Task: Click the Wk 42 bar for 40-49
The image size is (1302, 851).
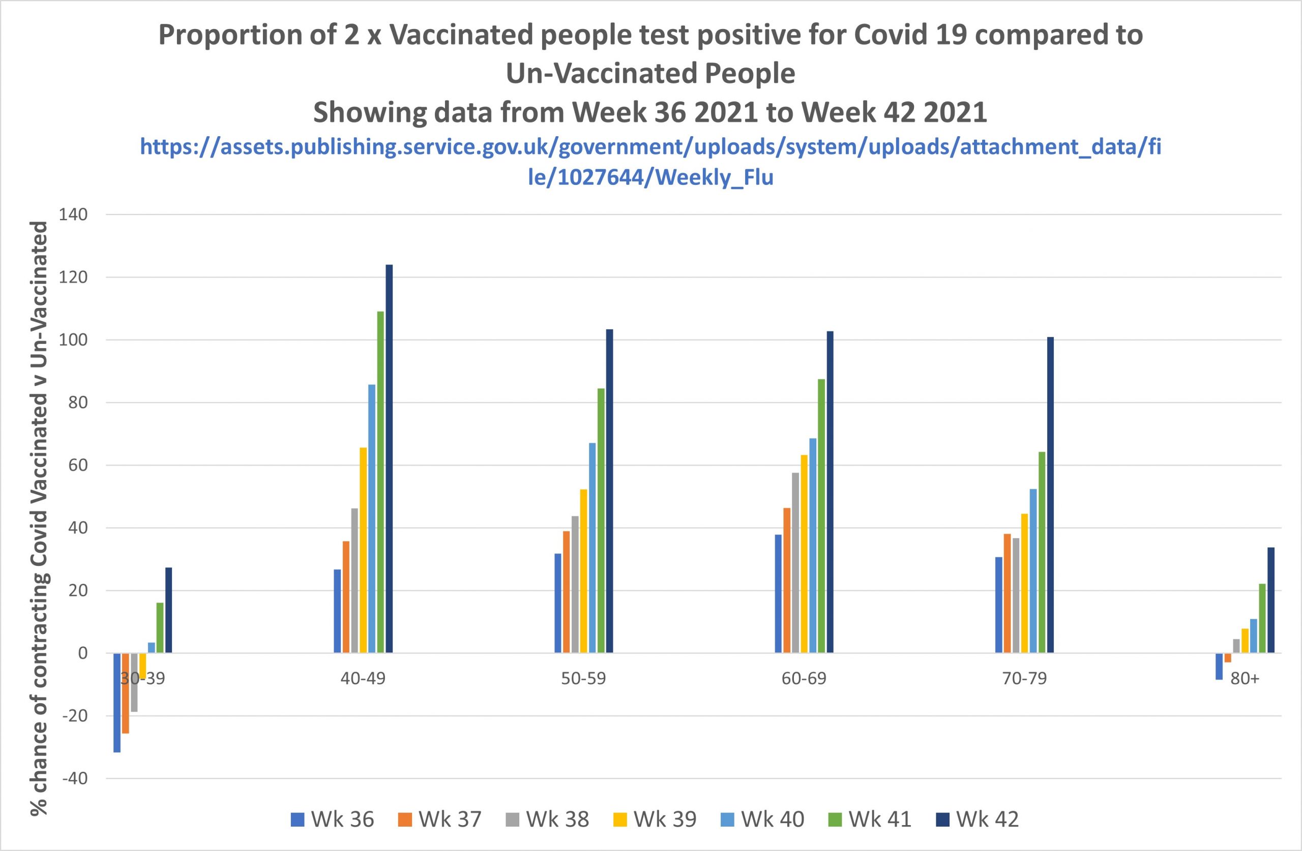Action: click(x=389, y=459)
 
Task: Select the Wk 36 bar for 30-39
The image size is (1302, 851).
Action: click(x=117, y=702)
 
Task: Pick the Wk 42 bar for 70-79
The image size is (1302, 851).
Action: click(x=1050, y=495)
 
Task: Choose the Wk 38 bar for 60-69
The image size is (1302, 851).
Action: click(x=795, y=562)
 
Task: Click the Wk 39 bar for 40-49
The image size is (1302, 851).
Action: click(x=363, y=550)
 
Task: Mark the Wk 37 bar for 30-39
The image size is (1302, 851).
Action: click(x=126, y=693)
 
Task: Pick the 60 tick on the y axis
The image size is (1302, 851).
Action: click(x=77, y=466)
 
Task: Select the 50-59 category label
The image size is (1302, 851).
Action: click(x=584, y=679)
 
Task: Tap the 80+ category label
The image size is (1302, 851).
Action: click(x=1245, y=679)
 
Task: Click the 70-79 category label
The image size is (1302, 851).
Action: click(x=1025, y=679)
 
